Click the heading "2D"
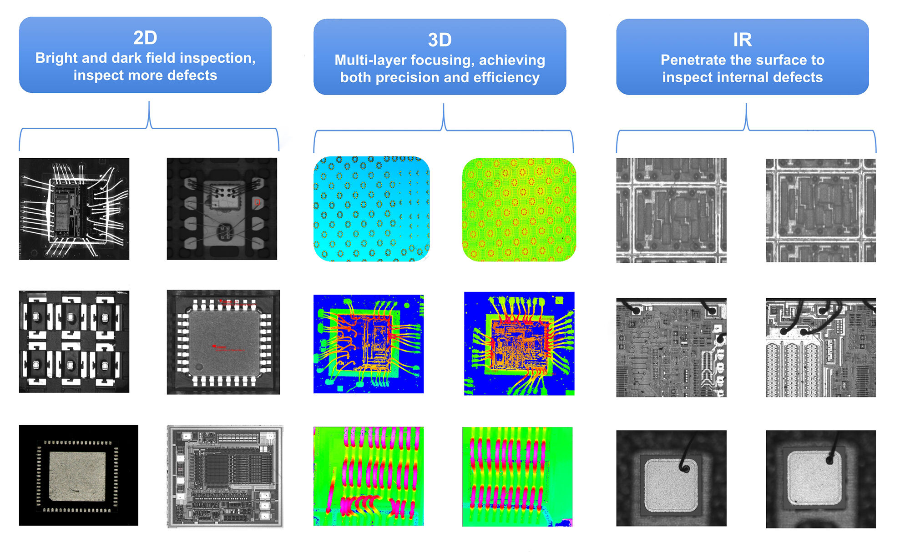145,37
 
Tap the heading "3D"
440,40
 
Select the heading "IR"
742,40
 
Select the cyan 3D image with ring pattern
371,209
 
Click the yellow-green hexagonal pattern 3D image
519,210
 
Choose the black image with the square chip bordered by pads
78,476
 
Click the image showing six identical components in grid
74,341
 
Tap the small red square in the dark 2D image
257,202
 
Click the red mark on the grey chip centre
215,346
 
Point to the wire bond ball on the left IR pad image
684,468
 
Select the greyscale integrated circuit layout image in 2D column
225,477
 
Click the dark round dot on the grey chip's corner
199,367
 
